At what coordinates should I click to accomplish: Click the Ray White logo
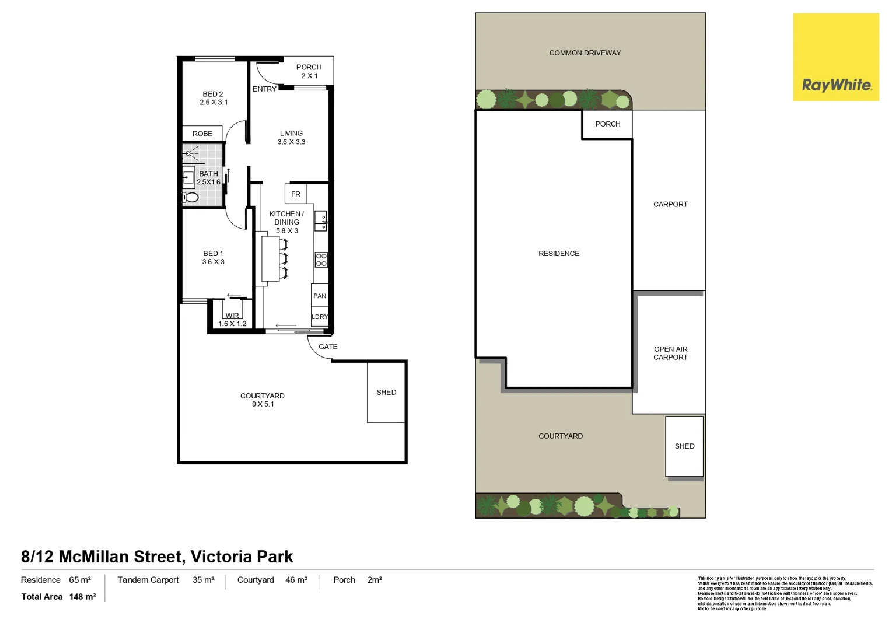[x=835, y=57]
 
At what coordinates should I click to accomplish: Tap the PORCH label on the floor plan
[x=309, y=67]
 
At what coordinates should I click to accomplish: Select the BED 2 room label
[x=213, y=94]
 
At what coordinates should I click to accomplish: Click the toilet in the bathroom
[x=191, y=197]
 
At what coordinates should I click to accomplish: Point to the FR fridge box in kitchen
[x=295, y=194]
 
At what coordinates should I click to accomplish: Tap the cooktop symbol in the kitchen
[x=321, y=260]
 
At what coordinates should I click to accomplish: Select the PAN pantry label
[x=320, y=296]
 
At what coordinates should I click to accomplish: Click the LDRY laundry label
[x=320, y=317]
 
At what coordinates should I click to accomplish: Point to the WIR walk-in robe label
[x=232, y=316]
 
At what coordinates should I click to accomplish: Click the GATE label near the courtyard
[x=328, y=346]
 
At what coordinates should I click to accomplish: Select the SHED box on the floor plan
[x=386, y=392]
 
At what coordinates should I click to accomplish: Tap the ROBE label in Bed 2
[x=202, y=134]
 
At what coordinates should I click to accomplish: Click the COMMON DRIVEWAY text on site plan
[x=585, y=53]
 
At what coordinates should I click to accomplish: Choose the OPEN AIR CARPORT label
[x=670, y=353]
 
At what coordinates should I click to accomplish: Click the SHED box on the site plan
[x=684, y=446]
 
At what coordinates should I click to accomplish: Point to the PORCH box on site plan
[x=607, y=124]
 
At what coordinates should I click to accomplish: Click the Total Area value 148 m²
[x=82, y=597]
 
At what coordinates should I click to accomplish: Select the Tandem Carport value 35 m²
[x=203, y=580]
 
